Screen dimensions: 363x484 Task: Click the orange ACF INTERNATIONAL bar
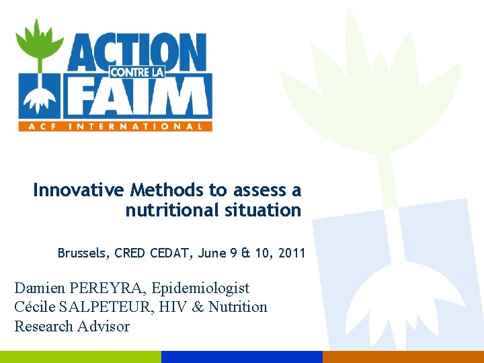click(x=114, y=126)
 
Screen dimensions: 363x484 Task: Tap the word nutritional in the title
click(x=168, y=210)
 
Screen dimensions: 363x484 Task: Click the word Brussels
click(x=82, y=253)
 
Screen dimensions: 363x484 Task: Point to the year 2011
click(x=292, y=253)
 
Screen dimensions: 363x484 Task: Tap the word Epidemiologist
click(x=200, y=288)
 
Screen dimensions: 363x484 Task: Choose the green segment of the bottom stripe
click(x=81, y=357)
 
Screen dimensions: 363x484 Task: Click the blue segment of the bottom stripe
click(x=242, y=357)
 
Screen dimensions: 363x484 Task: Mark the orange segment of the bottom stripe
click(x=403, y=357)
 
